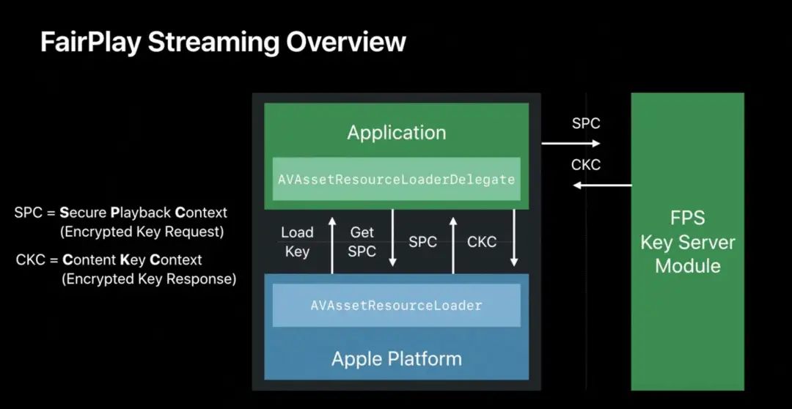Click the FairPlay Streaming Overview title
tap(223, 42)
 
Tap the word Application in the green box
tap(397, 133)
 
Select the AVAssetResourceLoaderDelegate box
tap(397, 179)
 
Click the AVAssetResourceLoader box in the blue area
tap(397, 305)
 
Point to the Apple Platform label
tap(397, 359)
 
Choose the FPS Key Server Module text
tap(687, 243)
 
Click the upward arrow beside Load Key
tap(332, 246)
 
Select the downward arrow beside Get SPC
tap(392, 238)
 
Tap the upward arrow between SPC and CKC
tap(453, 246)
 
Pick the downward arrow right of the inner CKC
tap(514, 238)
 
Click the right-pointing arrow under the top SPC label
tap(571, 144)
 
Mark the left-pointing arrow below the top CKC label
tap(602, 185)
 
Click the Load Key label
tap(297, 242)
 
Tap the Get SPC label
tap(362, 242)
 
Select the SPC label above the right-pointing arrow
tap(586, 122)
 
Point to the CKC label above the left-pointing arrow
tap(586, 165)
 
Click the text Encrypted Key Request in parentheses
tap(142, 232)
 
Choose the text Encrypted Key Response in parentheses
tap(149, 279)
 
